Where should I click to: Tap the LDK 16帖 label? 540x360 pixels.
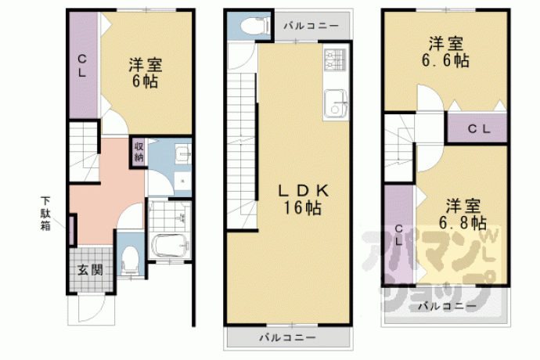pyautogui.click(x=303, y=200)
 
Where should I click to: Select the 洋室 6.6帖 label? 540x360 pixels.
pyautogui.click(x=445, y=52)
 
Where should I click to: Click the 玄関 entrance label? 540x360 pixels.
pyautogui.click(x=90, y=270)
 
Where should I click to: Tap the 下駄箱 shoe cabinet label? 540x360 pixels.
pyautogui.click(x=46, y=213)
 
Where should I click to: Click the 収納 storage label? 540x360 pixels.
pyautogui.click(x=139, y=152)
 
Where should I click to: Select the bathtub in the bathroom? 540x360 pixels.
pyautogui.click(x=171, y=245)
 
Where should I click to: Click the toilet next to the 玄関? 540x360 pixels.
pyautogui.click(x=130, y=260)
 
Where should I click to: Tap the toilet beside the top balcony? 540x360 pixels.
pyautogui.click(x=256, y=26)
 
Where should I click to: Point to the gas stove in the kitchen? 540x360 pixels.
pyautogui.click(x=334, y=59)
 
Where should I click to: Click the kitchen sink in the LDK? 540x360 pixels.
pyautogui.click(x=335, y=103)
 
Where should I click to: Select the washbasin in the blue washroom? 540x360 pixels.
pyautogui.click(x=182, y=153)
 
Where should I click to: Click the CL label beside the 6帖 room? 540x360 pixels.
pyautogui.click(x=81, y=66)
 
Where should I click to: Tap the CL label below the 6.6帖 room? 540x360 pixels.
pyautogui.click(x=479, y=129)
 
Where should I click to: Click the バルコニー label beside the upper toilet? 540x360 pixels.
pyautogui.click(x=311, y=26)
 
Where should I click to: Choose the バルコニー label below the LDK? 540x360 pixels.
pyautogui.click(x=287, y=337)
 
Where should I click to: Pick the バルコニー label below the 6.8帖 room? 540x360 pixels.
pyautogui.click(x=448, y=305)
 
